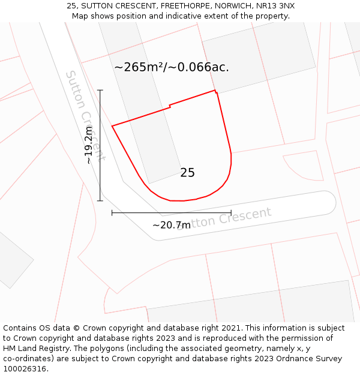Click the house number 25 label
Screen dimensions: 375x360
pyautogui.click(x=187, y=173)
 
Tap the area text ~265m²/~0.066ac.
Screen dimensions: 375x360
pyautogui.click(x=172, y=67)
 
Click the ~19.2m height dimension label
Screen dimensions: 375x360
pyautogui.click(x=89, y=145)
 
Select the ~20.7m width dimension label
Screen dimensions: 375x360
pyautogui.click(x=171, y=226)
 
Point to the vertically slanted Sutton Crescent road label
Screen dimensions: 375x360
pyautogui.click(x=85, y=116)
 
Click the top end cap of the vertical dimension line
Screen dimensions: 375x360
pyautogui.click(x=100, y=90)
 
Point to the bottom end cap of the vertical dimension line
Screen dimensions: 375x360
pyautogui.click(x=100, y=200)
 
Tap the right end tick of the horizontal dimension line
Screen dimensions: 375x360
pyautogui.click(x=231, y=212)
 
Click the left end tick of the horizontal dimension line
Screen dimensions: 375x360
pyautogui.click(x=112, y=212)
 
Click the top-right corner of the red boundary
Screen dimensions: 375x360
pyautogui.click(x=215, y=91)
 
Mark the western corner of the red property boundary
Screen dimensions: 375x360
pyautogui.click(x=112, y=126)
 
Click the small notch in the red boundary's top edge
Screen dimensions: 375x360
pyautogui.click(x=170, y=106)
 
